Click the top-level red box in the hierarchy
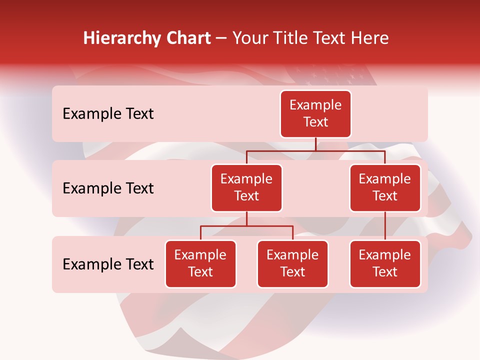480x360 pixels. click(315, 114)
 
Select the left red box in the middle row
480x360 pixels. click(246, 188)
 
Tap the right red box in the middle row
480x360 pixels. click(385, 188)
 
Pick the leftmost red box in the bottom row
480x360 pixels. click(200, 264)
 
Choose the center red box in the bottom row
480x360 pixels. click(292, 264)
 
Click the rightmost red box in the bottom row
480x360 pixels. click(385, 264)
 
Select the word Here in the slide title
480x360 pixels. click(370, 38)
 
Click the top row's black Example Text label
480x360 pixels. click(108, 114)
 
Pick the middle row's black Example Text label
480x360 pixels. click(108, 188)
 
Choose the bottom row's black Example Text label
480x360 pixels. click(108, 264)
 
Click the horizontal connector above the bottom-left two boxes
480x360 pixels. click(246, 226)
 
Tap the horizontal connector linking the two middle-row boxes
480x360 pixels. click(315, 150)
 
